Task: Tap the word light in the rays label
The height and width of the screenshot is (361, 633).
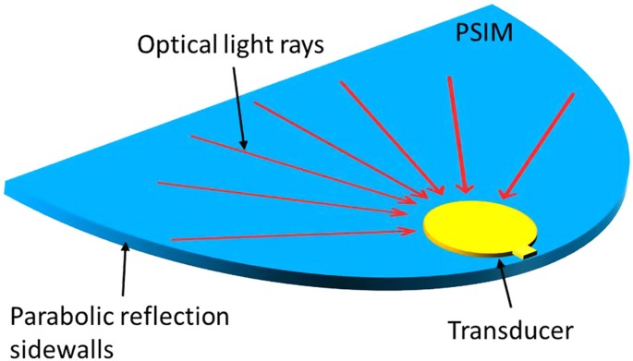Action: click(x=250, y=43)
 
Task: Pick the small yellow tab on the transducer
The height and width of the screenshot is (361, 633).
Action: click(x=528, y=251)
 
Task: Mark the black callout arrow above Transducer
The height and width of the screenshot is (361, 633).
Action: click(x=505, y=286)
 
